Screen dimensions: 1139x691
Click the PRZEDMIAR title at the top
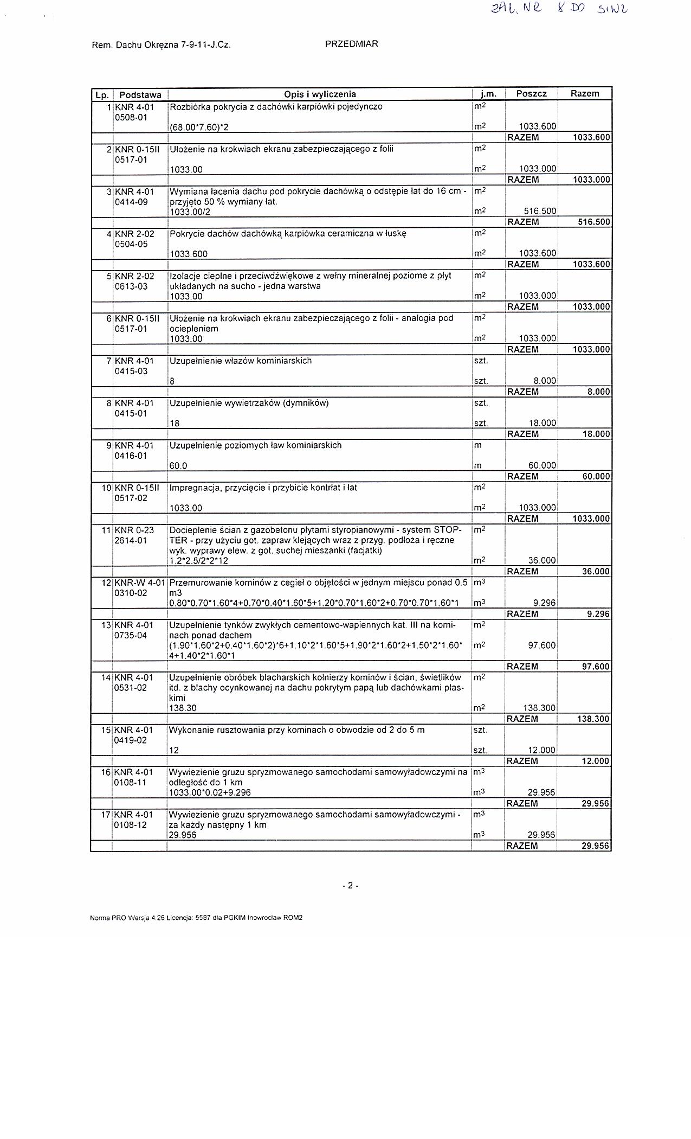351,44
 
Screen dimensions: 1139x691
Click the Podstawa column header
140,94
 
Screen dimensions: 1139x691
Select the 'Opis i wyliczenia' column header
320,94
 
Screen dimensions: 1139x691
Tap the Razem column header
585,93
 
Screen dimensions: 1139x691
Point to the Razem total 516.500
593,222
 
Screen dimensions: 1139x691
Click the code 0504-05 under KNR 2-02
131,244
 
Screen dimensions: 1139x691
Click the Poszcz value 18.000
542,424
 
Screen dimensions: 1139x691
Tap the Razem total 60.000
595,476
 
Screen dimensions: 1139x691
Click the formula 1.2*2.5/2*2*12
199,561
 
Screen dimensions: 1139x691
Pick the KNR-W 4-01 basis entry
140,583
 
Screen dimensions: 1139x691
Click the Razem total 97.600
595,667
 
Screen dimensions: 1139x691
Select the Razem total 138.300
593,719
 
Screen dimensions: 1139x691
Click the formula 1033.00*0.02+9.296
210,792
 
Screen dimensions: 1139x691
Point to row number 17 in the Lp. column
106,814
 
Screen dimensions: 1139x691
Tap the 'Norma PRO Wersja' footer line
196,918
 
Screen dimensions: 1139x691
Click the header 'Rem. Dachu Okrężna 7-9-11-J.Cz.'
162,46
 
